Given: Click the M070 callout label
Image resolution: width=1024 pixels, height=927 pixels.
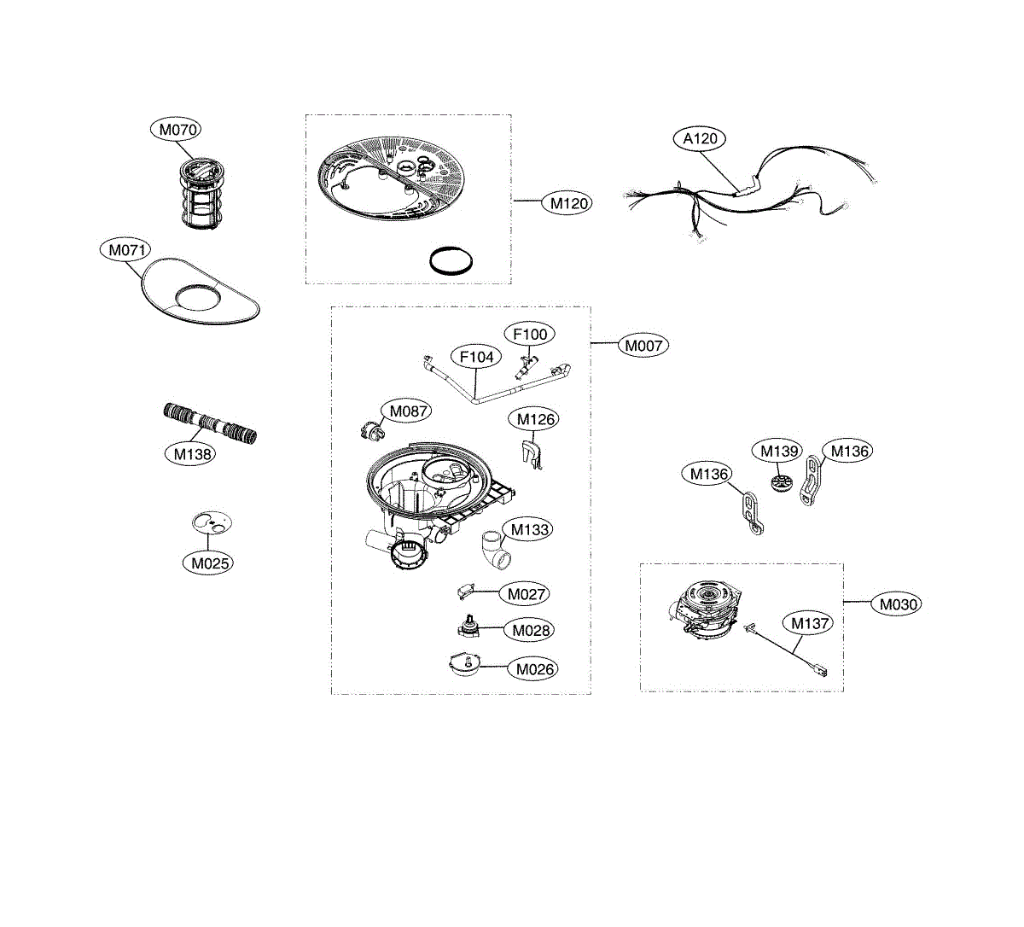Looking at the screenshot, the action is (176, 130).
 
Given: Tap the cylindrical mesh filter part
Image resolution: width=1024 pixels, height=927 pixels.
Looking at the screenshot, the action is (201, 193).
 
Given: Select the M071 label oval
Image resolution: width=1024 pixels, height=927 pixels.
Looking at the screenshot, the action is (125, 250).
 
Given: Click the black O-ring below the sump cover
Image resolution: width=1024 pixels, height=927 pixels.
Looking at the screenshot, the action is (451, 260).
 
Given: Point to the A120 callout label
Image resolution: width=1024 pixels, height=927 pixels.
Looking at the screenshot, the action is (700, 138).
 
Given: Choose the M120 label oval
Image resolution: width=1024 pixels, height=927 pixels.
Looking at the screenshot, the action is (567, 203).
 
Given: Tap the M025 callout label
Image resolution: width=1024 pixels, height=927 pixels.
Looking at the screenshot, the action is (208, 563).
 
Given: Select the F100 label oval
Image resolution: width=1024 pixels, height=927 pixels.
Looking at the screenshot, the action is (530, 334).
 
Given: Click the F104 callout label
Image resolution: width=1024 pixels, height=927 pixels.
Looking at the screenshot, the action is (476, 357).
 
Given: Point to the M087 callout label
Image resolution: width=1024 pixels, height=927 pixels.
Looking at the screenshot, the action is (407, 411).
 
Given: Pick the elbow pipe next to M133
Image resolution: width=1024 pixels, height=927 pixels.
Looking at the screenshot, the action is (496, 550).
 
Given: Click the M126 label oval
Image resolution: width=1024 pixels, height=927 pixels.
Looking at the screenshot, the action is (534, 419).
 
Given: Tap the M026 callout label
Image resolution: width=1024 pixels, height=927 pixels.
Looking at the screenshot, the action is (533, 669).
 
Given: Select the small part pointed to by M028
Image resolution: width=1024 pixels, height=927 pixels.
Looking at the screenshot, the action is (468, 627).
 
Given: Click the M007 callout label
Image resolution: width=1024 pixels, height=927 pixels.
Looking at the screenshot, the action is (643, 346).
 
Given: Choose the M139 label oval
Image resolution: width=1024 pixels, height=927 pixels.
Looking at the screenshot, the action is (777, 451).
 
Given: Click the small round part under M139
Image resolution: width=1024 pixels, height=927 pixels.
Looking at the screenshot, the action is (782, 483).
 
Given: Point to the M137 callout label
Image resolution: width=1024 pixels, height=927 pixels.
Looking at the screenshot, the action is (809, 623).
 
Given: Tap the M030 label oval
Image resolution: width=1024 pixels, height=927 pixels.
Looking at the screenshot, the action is (897, 604).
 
